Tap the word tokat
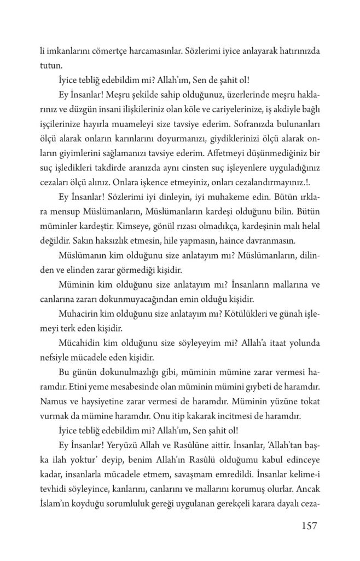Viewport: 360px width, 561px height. coord(307,401)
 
